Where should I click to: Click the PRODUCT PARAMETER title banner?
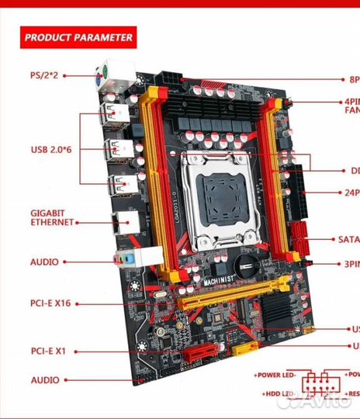click(x=78, y=36)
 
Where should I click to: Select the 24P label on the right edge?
click(x=351, y=192)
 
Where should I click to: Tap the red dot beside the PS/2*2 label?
click(x=65, y=75)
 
